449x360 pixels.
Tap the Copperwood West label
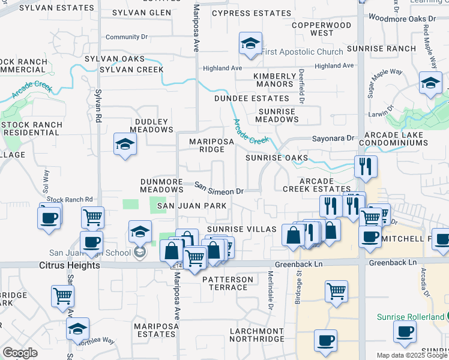pyautogui.click(x=321, y=29)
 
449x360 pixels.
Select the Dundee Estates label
pyautogui.click(x=252, y=98)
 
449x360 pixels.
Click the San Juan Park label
pyautogui.click(x=191, y=206)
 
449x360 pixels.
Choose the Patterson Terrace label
pyautogui.click(x=228, y=283)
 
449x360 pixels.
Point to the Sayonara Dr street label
pyautogui.click(x=333, y=138)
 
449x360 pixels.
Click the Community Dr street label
pyautogui.click(x=126, y=37)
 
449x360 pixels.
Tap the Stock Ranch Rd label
pyautogui.click(x=70, y=199)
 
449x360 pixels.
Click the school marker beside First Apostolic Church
pyautogui.click(x=250, y=44)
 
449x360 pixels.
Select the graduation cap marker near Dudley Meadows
pyautogui.click(x=125, y=145)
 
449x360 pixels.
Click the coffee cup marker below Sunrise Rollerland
pyautogui.click(x=405, y=331)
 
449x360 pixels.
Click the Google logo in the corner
pyautogui.click(x=20, y=353)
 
